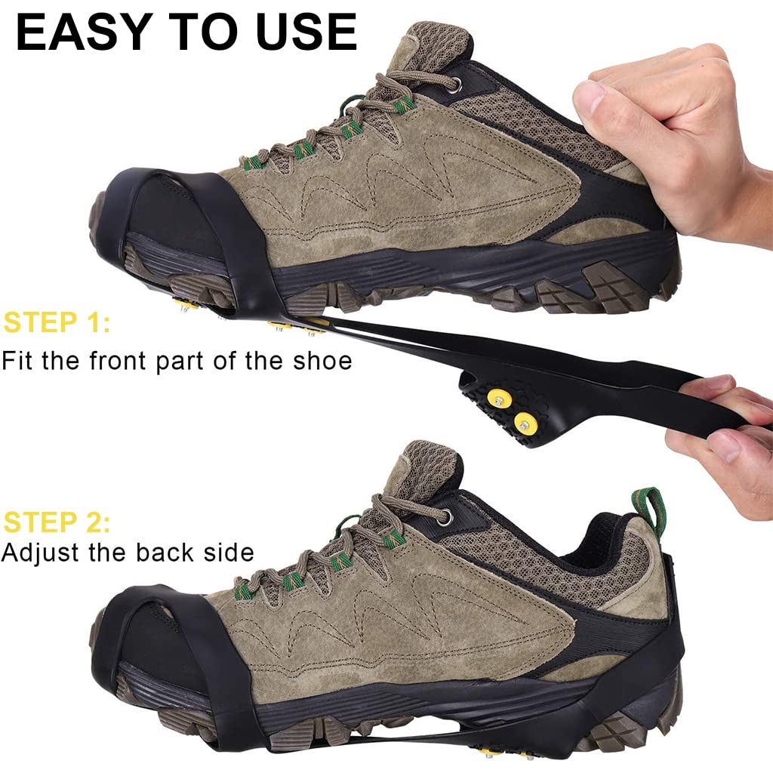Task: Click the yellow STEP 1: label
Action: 57,322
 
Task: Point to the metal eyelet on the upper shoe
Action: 452,84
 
